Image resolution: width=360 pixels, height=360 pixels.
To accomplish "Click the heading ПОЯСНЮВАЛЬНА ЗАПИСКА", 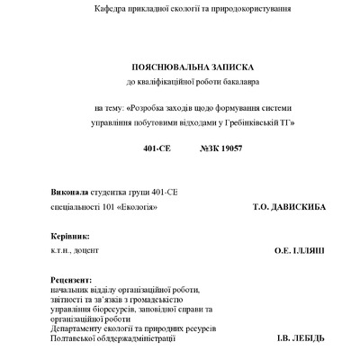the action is point(179,67).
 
